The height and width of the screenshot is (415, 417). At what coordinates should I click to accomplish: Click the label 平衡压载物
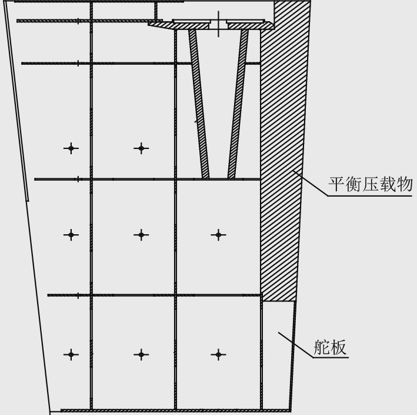click(370, 185)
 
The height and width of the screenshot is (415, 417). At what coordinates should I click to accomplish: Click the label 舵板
click(330, 347)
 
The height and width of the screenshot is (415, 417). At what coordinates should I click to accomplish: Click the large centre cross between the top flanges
click(218, 24)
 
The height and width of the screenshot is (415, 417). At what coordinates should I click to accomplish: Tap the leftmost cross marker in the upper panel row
click(71, 148)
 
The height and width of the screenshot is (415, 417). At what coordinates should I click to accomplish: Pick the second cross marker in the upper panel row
click(141, 148)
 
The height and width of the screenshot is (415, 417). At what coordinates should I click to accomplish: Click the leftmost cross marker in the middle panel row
click(71, 235)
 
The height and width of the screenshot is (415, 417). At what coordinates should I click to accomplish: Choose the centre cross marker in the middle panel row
click(140, 235)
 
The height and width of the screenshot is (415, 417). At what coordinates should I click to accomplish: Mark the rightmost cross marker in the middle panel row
click(218, 235)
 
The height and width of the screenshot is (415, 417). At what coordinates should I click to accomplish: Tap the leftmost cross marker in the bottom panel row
click(71, 354)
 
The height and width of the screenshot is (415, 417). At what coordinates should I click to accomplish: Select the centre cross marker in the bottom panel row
click(140, 354)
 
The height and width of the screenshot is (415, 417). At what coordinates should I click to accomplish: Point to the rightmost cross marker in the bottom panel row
click(218, 354)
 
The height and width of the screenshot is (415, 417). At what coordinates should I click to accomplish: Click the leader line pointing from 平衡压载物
click(311, 182)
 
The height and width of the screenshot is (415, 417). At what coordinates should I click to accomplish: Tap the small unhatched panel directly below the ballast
click(277, 353)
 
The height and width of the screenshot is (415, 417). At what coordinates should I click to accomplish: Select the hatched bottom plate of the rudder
click(176, 410)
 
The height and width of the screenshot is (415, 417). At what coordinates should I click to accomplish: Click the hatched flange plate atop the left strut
click(192, 24)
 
